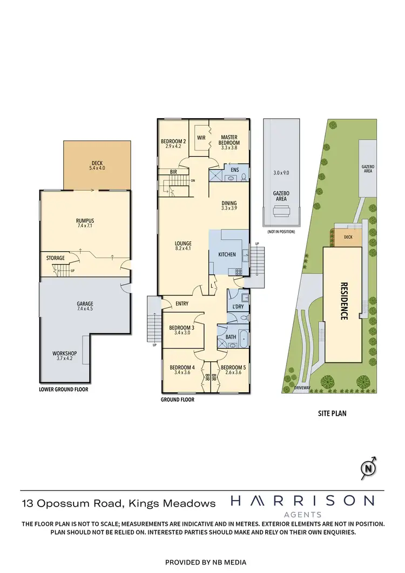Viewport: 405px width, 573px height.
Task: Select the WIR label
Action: click(201, 137)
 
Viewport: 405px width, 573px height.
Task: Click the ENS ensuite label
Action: click(234, 170)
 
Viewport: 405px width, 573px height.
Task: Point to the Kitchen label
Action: click(227, 254)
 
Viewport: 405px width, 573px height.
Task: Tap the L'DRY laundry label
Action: click(238, 307)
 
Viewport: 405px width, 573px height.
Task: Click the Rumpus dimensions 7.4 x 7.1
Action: click(85, 226)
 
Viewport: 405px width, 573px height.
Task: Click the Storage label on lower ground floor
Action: click(56, 258)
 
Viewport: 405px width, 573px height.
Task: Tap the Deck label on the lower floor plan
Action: click(97, 164)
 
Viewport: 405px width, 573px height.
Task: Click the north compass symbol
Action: click(369, 468)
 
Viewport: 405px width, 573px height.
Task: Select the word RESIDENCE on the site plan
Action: click(343, 301)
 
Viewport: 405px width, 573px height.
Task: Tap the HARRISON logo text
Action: click(302, 501)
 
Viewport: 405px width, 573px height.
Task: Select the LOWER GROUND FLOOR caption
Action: click(64, 389)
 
